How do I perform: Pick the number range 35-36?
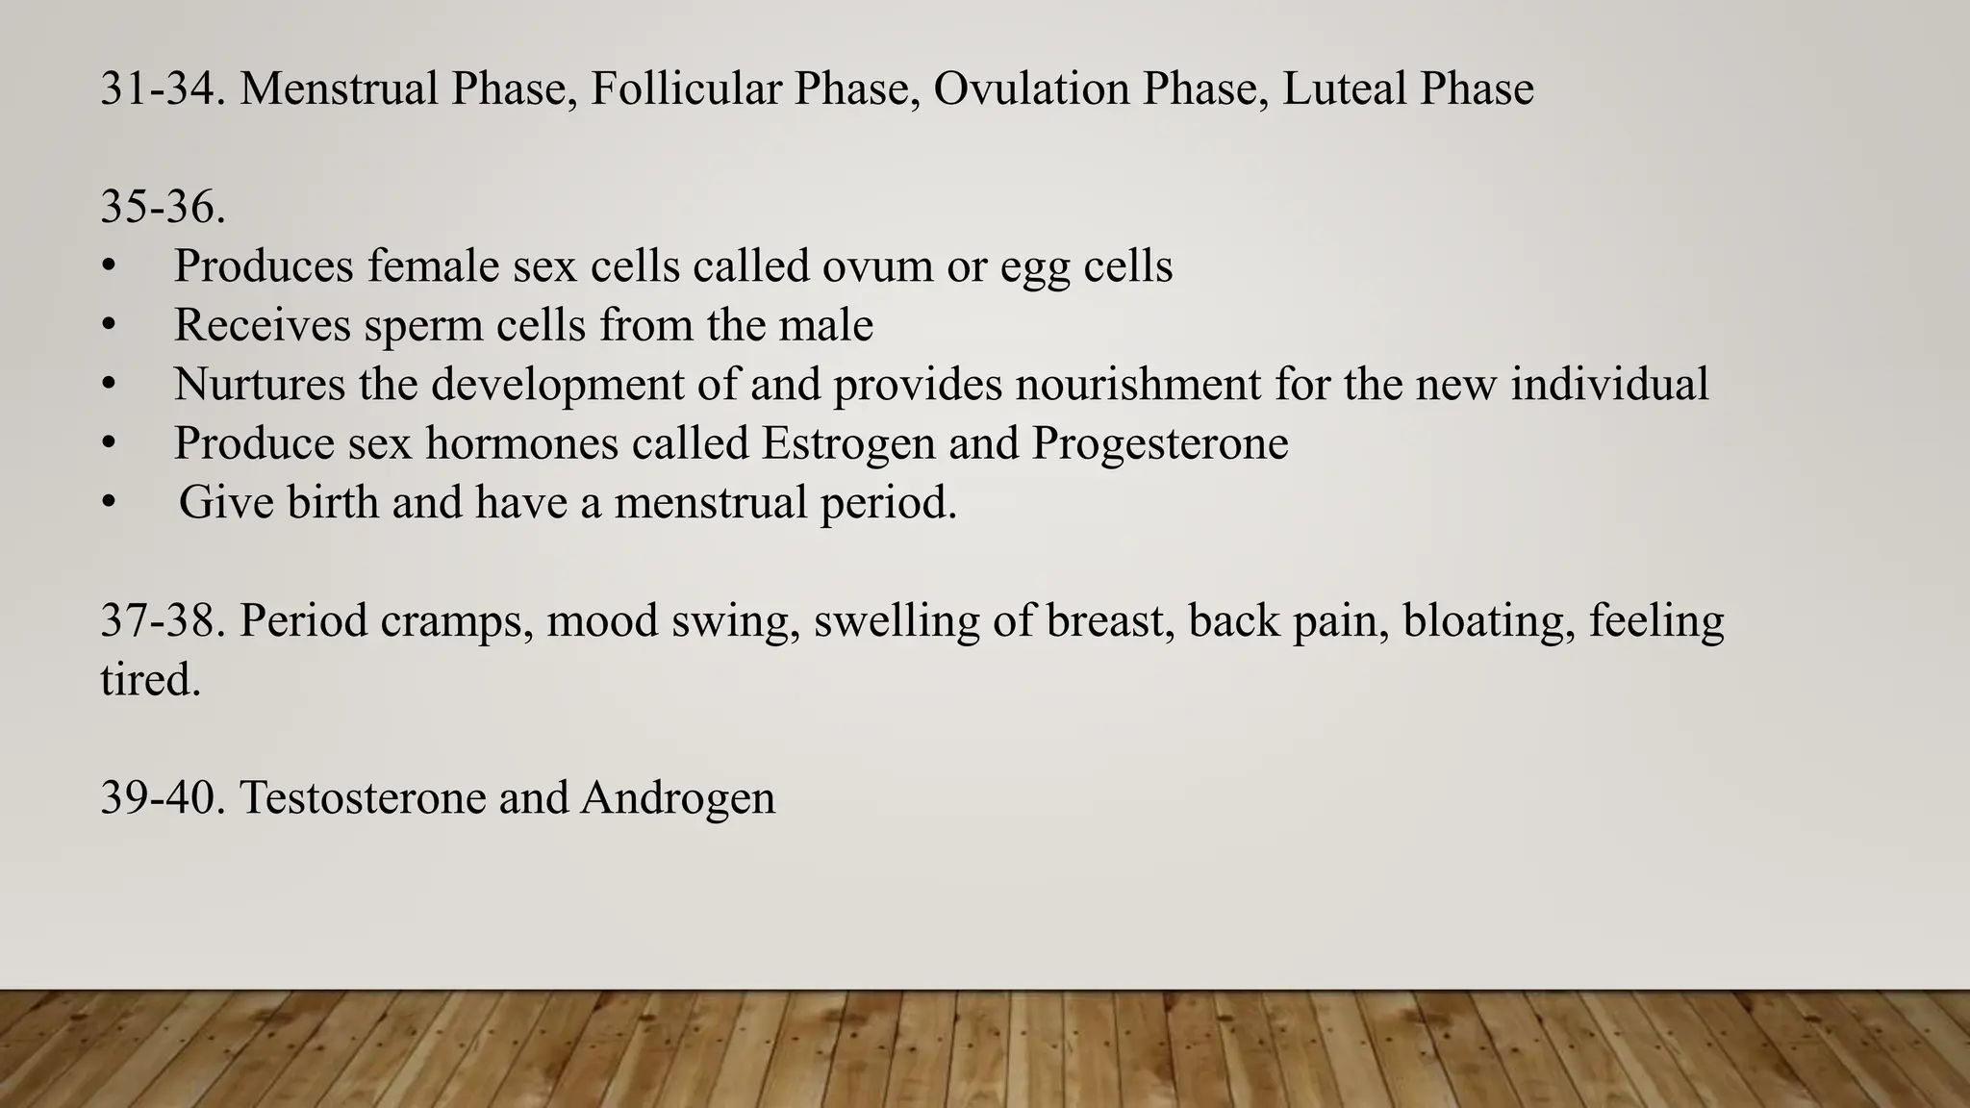(163, 207)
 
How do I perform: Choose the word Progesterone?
(1160, 443)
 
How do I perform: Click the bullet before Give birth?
(108, 503)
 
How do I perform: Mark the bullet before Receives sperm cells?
(108, 326)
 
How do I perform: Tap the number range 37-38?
(163, 621)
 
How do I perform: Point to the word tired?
(150, 681)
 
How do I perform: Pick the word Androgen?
(677, 798)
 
